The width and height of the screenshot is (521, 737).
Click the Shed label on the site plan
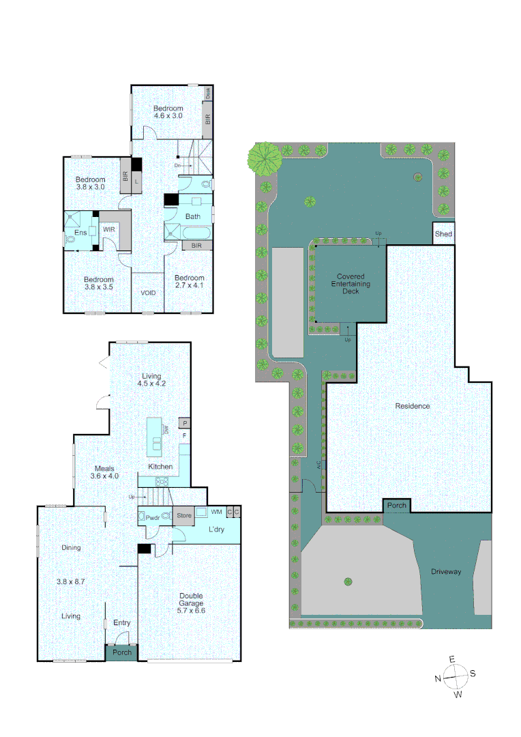443,234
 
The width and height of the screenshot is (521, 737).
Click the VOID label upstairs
148,293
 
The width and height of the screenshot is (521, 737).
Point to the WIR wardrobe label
109,230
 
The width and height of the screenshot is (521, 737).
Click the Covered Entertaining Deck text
351,284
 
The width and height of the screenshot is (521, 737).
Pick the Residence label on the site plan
413,406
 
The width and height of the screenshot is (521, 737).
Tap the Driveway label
446,572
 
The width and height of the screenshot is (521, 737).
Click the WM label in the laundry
216,511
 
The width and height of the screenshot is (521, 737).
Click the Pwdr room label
153,518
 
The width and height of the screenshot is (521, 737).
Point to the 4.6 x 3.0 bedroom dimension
168,117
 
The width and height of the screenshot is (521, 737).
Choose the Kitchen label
160,467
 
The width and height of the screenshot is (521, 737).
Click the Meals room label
104,467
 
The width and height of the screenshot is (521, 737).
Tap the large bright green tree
265,158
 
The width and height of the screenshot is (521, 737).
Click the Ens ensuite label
80,231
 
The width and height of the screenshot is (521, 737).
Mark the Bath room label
193,217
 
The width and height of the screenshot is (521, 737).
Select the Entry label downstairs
121,623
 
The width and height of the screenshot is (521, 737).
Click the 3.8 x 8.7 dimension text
70,581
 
